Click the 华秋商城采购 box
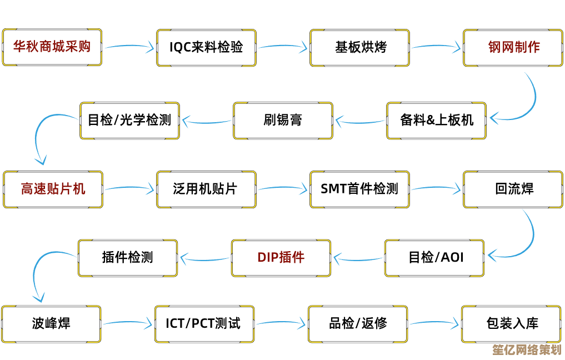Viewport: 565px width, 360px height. [x=52, y=47]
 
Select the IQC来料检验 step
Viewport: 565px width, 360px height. [x=206, y=47]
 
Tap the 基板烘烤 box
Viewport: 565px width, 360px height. [x=359, y=47]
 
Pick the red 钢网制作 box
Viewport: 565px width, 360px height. [x=513, y=47]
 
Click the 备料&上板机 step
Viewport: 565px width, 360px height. [x=436, y=120]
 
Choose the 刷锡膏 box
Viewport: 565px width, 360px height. [x=283, y=120]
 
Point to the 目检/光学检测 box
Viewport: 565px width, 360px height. [x=129, y=120]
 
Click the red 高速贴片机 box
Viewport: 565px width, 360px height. [x=53, y=189]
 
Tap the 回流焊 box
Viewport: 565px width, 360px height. [x=513, y=189]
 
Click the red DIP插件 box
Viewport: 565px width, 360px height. [x=281, y=258]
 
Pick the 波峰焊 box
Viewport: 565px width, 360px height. [x=51, y=323]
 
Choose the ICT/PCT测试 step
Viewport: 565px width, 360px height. [x=204, y=323]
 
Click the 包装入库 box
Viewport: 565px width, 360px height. [x=512, y=323]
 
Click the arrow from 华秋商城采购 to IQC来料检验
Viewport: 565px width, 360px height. [x=128, y=47]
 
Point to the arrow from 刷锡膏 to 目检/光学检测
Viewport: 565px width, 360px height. [x=207, y=120]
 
